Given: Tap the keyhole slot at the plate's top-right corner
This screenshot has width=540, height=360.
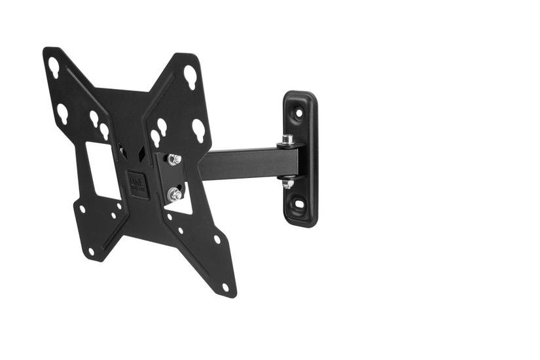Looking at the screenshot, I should pyautogui.click(x=190, y=77).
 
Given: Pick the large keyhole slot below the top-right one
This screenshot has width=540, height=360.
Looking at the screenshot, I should pyautogui.click(x=198, y=129).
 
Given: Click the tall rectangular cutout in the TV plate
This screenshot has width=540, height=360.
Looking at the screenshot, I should pyautogui.click(x=103, y=169).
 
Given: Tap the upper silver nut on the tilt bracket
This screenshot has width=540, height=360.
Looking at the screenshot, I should pyautogui.click(x=174, y=160).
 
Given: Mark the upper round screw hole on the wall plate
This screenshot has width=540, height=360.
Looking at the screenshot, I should pyautogui.click(x=298, y=113).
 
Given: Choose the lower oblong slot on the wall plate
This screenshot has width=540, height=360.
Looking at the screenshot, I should pyautogui.click(x=300, y=203).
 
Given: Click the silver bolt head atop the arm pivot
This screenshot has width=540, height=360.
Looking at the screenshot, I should pyautogui.click(x=287, y=139).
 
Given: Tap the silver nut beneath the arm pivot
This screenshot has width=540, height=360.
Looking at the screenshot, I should pyautogui.click(x=287, y=184).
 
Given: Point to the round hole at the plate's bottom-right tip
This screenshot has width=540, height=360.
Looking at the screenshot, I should pyautogui.click(x=225, y=286).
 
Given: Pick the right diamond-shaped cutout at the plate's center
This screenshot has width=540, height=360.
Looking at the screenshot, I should pyautogui.click(x=141, y=153).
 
